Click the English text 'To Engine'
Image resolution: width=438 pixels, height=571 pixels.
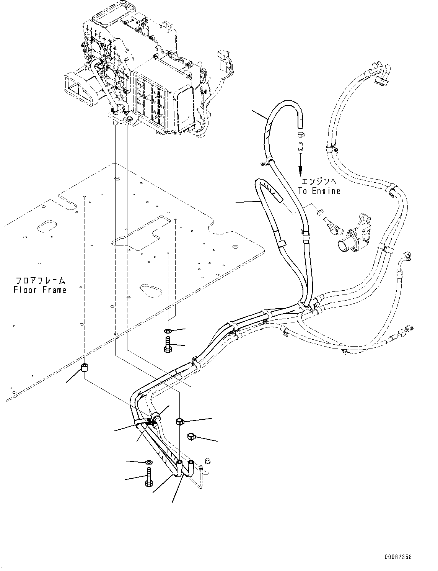(x=319, y=191)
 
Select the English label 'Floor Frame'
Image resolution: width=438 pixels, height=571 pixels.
(x=40, y=290)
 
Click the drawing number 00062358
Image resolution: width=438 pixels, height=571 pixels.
(x=399, y=557)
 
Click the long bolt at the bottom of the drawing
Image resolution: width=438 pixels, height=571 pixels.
(x=148, y=477)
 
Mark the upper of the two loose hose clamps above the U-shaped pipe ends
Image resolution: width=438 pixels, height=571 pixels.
(x=180, y=422)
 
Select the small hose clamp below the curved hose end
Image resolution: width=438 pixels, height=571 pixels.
(x=301, y=134)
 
